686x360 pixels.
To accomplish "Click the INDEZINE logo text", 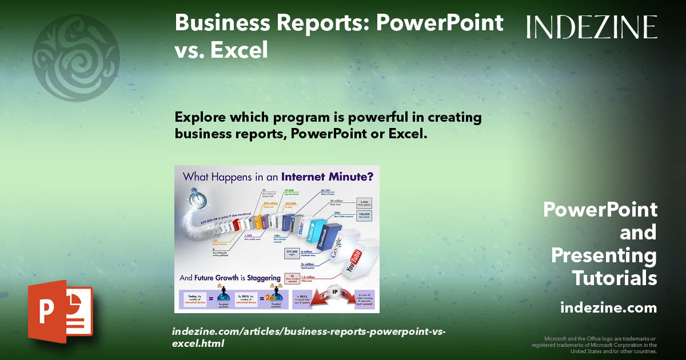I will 592,27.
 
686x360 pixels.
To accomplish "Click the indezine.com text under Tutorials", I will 608,308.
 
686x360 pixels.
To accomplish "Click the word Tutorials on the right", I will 614,278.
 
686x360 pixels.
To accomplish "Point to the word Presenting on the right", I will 604,255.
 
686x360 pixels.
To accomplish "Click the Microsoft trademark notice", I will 595,345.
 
